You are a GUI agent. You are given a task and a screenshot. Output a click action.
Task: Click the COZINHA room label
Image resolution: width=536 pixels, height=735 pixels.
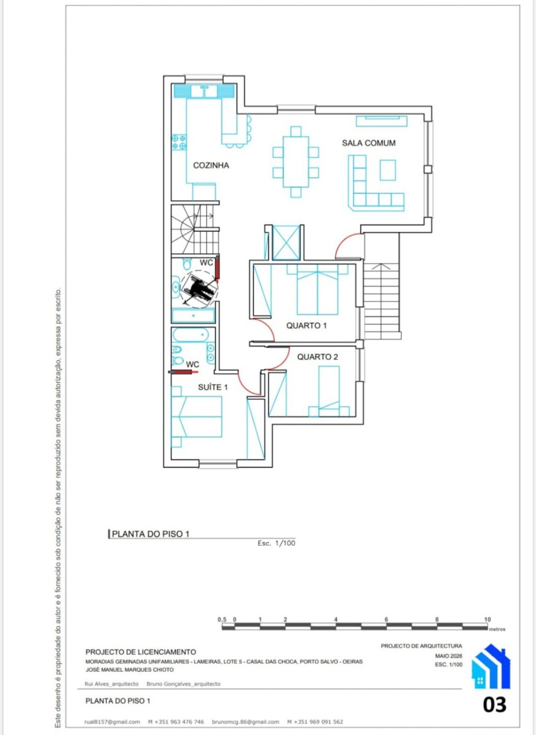pos(211,165)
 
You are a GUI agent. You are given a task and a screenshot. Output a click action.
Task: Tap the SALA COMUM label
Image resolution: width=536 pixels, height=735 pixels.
pos(368,143)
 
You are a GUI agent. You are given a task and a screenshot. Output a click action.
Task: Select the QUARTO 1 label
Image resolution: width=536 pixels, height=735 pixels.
pos(307,326)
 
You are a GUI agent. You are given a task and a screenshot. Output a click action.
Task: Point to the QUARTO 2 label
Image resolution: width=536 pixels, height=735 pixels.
pos(317,357)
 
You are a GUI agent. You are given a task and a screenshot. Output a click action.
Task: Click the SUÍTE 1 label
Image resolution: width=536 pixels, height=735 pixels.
pos(213,387)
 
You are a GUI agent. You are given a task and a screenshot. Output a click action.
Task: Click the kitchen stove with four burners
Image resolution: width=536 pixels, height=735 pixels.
pos(179,142)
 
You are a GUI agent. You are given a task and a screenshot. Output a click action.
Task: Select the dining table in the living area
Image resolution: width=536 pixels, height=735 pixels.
pos(296,162)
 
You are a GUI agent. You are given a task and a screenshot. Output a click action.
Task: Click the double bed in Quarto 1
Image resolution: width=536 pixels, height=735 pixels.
pos(317,290)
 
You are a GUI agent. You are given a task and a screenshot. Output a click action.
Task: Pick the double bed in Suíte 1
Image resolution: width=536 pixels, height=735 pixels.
pos(196,417)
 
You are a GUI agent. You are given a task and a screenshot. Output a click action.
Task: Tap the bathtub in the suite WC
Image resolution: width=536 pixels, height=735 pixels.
pos(191,335)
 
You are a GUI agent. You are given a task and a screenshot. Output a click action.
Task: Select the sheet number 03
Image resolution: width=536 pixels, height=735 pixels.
pos(495,705)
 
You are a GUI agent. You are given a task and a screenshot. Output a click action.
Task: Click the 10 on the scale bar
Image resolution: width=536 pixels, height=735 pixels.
pos(487,619)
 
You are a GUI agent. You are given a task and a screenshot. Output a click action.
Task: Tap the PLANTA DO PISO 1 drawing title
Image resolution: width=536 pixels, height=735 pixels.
pos(150,534)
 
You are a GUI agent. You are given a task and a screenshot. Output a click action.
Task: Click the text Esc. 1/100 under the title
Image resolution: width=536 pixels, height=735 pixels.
pos(276,543)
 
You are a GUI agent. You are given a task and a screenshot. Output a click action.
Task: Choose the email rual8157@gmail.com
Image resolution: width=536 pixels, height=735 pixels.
pos(112,722)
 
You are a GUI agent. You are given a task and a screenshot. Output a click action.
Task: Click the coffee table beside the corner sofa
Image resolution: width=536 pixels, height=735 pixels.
pos(388,170)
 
